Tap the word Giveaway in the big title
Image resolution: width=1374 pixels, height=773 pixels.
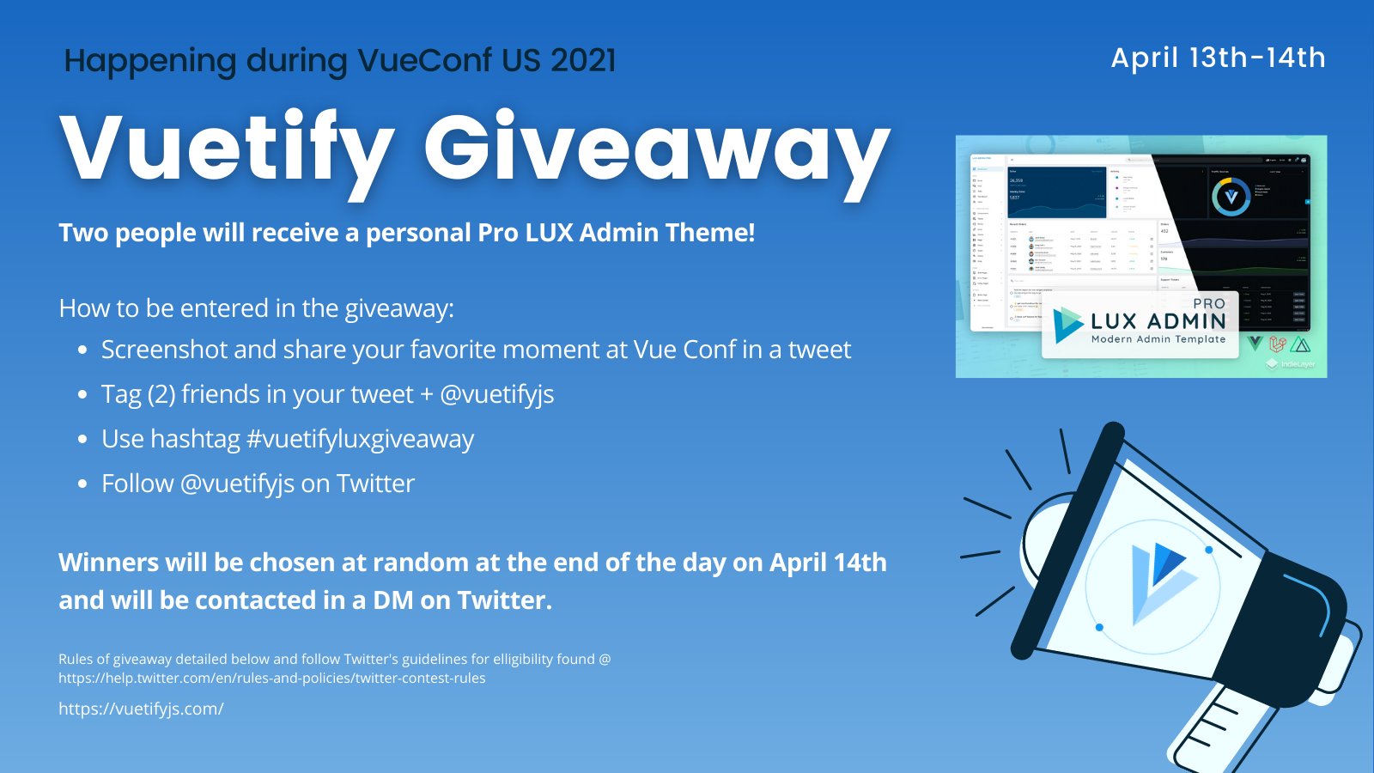pos(657,148)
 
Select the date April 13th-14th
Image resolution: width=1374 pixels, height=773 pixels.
pos(1218,58)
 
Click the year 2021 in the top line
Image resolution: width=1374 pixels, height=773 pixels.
pos(583,60)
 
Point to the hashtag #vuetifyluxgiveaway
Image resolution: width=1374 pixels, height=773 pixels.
pos(360,439)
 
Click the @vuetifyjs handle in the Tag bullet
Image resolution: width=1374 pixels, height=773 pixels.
pos(497,394)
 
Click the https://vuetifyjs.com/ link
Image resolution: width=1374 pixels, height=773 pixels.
pos(141,709)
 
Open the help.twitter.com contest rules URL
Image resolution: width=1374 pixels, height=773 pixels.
pos(271,678)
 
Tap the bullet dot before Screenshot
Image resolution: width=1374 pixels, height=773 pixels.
pos(82,350)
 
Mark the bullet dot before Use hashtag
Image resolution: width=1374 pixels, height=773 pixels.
pos(82,440)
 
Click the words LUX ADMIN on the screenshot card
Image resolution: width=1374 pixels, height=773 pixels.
pos(1158,321)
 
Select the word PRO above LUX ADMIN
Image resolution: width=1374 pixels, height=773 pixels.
pos(1209,303)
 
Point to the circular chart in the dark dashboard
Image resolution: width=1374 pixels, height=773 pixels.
pos(1231,197)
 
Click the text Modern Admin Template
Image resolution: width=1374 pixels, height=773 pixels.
pos(1158,339)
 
